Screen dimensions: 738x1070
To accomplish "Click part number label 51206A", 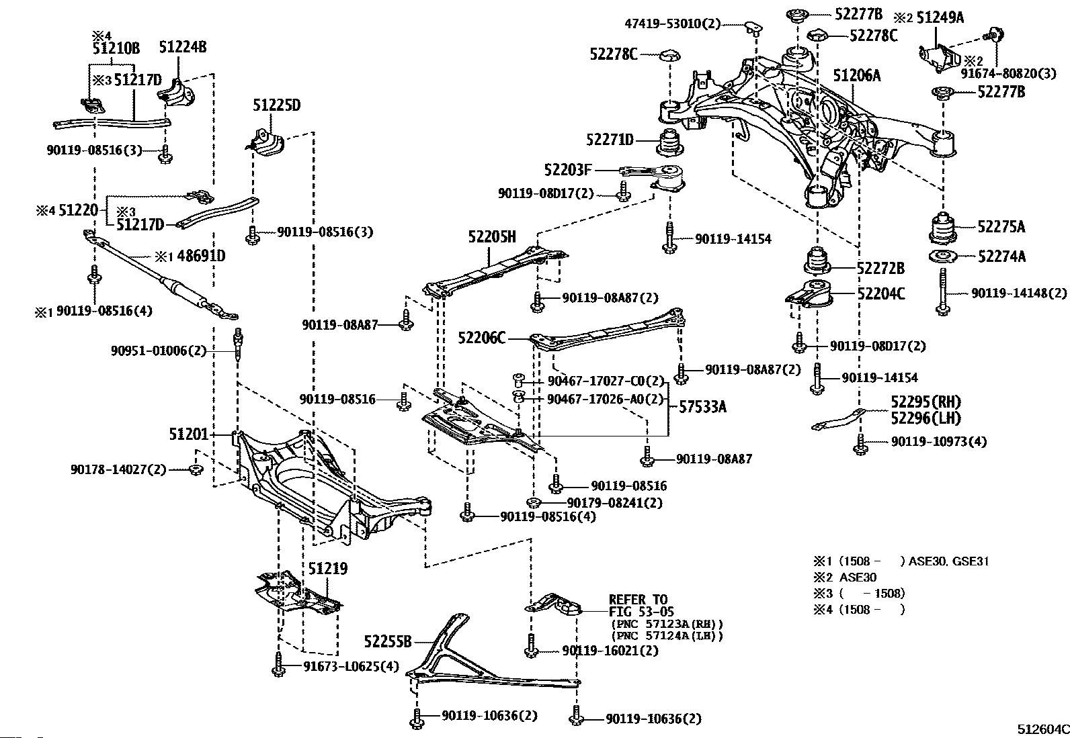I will pyautogui.click(x=857, y=75).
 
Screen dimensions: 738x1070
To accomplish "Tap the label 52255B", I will pyautogui.click(x=387, y=641).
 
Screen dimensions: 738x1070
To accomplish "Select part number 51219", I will pyautogui.click(x=328, y=569).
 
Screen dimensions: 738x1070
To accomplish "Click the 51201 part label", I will pyautogui.click(x=189, y=434).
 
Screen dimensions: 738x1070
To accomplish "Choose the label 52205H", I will pyautogui.click(x=492, y=236).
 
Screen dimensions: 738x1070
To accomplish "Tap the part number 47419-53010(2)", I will pyautogui.click(x=672, y=24).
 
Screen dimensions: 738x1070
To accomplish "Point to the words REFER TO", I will pyautogui.click(x=638, y=600).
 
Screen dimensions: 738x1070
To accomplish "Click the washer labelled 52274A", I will pyautogui.click(x=942, y=257).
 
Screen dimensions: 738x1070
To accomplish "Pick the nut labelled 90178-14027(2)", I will pyautogui.click(x=196, y=469).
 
